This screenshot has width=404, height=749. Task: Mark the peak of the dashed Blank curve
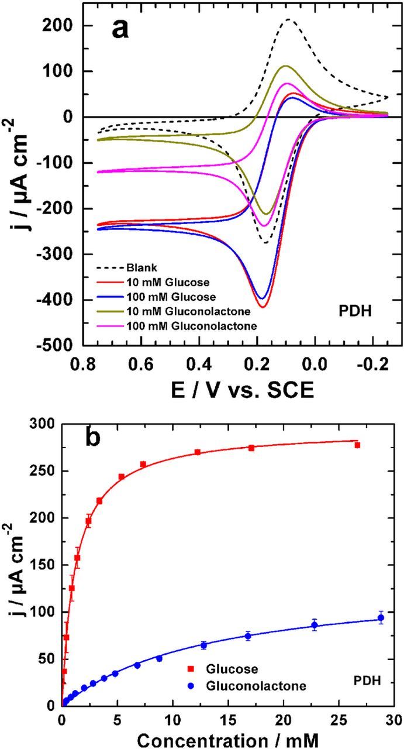[288, 20]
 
